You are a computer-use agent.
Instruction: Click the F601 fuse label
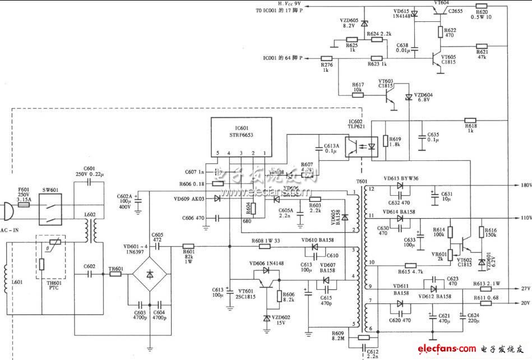pyautogui.click(x=23, y=192)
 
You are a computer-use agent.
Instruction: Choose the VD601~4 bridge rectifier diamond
pyautogui.click(x=150, y=275)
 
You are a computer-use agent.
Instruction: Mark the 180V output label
pyautogui.click(x=525, y=184)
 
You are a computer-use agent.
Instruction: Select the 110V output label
pyautogui.click(x=525, y=218)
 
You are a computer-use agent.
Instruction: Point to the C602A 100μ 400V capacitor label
pyautogui.click(x=125, y=201)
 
